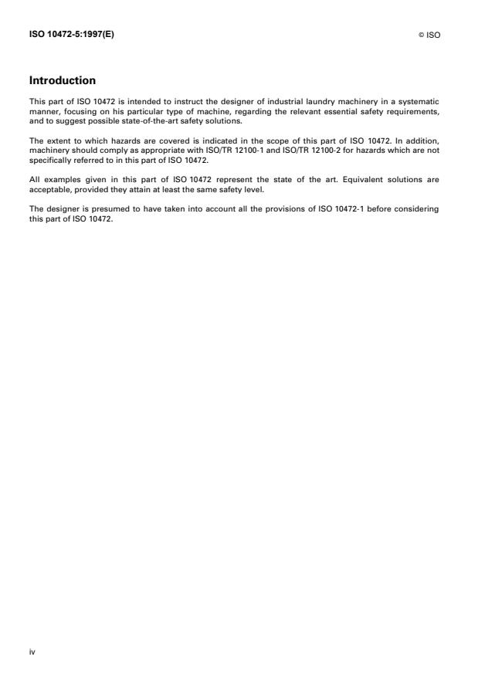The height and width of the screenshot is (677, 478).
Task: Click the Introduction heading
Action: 62,80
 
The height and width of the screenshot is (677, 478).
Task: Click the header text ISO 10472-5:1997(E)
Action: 71,35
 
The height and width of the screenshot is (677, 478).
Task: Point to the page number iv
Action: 32,651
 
